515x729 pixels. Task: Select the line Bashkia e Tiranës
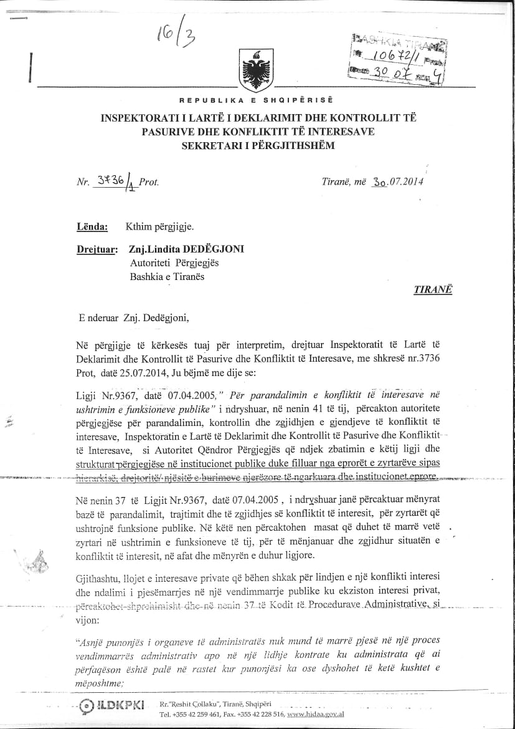[x=167, y=277]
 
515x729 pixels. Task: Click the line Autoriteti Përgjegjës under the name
[x=174, y=263]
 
